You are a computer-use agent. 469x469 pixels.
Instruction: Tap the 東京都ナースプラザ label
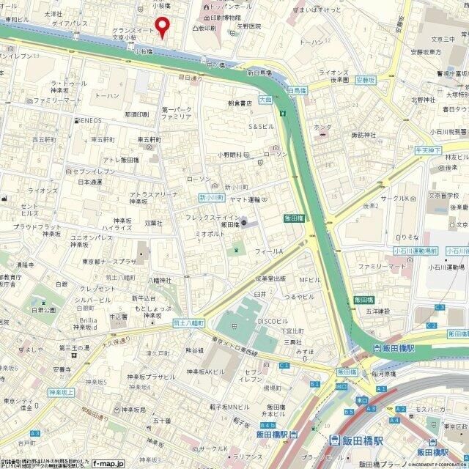coord(108,262)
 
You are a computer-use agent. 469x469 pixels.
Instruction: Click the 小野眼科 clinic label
coord(229,155)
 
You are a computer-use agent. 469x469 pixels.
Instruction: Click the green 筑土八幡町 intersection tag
coord(188,322)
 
